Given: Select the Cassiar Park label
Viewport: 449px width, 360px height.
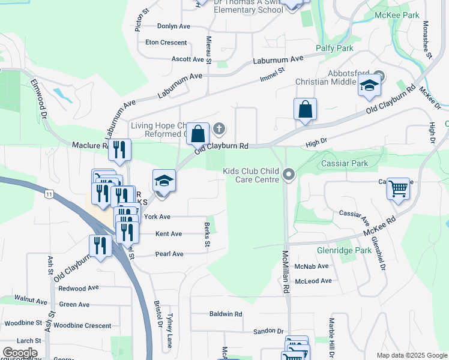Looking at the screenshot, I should [x=344, y=163].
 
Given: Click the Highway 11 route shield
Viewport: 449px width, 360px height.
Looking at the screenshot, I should [x=49, y=193].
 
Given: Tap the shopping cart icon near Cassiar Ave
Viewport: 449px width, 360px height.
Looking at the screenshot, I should [x=398, y=190].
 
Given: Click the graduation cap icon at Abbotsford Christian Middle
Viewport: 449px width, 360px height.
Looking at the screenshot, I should [x=370, y=86].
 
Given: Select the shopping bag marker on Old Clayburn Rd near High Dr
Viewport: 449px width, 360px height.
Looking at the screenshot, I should [x=305, y=110].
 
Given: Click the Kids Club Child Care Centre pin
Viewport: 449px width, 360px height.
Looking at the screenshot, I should [x=289, y=175].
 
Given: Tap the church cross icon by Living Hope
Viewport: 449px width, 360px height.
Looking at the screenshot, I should [x=220, y=128].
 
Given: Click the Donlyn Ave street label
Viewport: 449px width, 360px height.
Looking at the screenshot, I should [x=173, y=26].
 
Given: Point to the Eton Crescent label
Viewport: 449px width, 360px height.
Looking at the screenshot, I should [x=166, y=43].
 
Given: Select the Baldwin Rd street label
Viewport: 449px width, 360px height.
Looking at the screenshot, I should [x=226, y=314].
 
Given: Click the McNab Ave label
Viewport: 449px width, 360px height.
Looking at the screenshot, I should [x=312, y=266].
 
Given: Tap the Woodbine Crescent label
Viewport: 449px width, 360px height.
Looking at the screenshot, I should [x=82, y=326].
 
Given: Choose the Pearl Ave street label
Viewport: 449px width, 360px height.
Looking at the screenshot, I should [x=169, y=254].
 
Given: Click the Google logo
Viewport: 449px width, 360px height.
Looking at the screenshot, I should [x=20, y=353].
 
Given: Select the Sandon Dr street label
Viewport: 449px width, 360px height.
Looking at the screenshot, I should [x=268, y=331].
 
